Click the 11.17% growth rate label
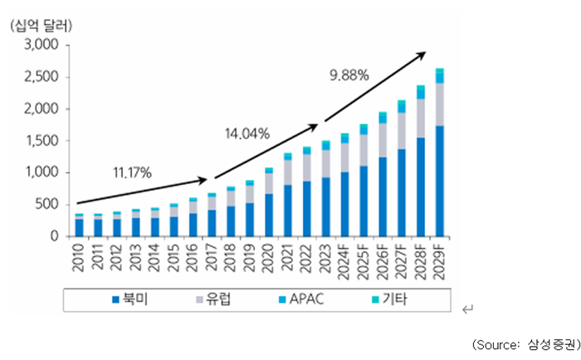[131, 173]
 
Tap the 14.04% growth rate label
[247, 133]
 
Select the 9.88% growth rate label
[349, 75]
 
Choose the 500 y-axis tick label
[46, 205]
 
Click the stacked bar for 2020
[269, 202]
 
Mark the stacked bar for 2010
[79, 226]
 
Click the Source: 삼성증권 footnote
[525, 343]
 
